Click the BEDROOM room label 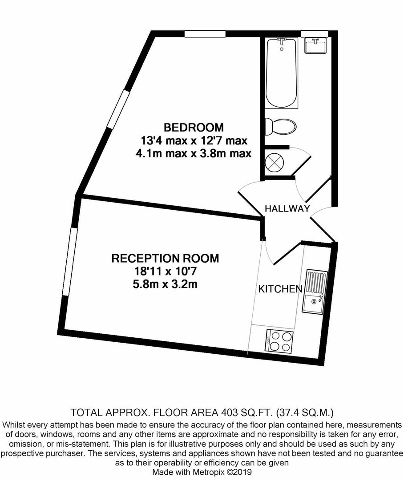(x=194, y=127)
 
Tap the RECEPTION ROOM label (x=165, y=258)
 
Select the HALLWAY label (x=287, y=209)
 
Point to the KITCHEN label (x=280, y=289)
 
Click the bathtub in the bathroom (x=281, y=73)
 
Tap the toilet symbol (x=280, y=126)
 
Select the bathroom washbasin (x=315, y=45)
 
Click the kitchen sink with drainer (x=315, y=292)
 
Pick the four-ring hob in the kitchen (x=279, y=341)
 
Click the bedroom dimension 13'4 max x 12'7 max (x=194, y=140)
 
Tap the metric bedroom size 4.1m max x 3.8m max (x=194, y=153)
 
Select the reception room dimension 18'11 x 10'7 (x=165, y=271)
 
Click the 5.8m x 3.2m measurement (x=165, y=284)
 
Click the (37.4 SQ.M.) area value (x=305, y=412)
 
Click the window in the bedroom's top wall (x=205, y=33)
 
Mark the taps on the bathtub (x=281, y=41)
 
